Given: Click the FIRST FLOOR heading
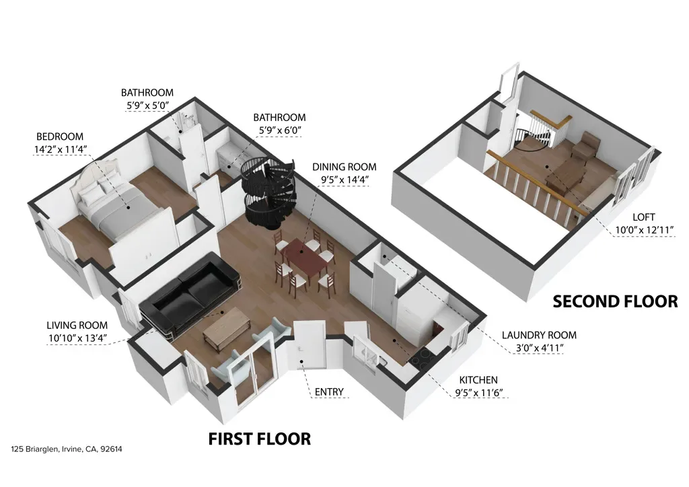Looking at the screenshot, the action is (x=259, y=439).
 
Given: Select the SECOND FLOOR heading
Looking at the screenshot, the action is (x=615, y=301).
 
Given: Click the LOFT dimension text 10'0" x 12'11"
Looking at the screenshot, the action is (x=644, y=229).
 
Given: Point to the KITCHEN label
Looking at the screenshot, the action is (x=478, y=380).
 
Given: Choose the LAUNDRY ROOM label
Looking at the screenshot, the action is (x=539, y=335).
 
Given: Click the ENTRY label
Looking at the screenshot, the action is (x=329, y=391).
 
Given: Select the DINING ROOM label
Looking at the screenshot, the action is (x=344, y=167).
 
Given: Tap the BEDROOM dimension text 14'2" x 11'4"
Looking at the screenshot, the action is (x=60, y=149).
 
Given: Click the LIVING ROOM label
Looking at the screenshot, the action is (x=77, y=326).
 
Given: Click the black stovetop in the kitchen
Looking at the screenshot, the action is (x=423, y=357).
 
